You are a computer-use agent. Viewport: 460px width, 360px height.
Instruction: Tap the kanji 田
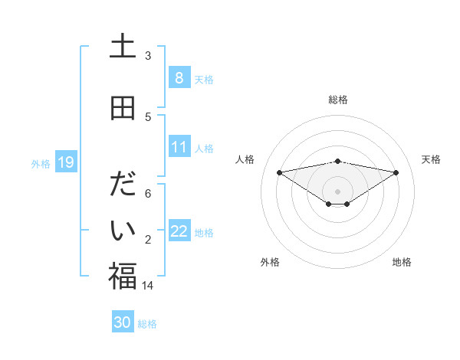(122, 108)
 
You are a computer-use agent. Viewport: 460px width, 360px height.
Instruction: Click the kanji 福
(122, 276)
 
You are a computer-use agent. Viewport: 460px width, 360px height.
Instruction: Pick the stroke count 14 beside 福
(148, 285)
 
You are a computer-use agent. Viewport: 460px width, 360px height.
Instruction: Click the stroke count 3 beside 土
(148, 56)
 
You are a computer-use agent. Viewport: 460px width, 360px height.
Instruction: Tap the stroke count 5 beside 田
(148, 116)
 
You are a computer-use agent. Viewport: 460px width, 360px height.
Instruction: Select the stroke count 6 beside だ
(148, 194)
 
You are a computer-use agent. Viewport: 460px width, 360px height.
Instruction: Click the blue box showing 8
(179, 77)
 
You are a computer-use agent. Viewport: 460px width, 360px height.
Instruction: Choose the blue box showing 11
(179, 147)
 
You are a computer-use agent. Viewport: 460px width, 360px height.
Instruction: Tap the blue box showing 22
(179, 231)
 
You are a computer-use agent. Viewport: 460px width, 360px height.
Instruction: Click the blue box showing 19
(65, 162)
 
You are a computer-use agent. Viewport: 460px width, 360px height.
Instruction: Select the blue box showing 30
(123, 322)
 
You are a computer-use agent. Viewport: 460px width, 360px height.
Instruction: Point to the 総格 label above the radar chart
(337, 100)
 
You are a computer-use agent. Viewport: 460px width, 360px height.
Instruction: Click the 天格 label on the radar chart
(432, 159)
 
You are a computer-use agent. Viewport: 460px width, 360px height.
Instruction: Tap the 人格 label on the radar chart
(245, 159)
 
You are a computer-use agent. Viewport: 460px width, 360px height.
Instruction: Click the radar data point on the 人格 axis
(279, 172)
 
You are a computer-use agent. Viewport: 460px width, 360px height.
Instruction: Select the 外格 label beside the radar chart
(270, 262)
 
